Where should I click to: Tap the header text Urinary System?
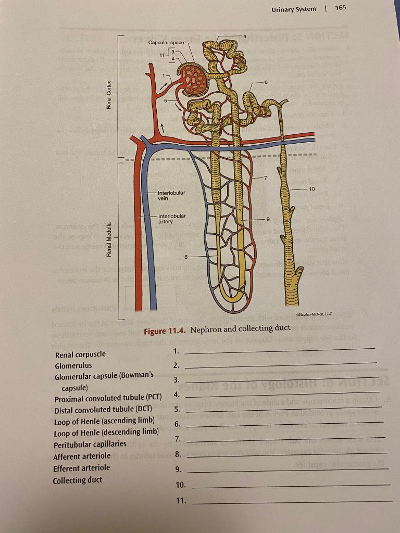tap(293, 9)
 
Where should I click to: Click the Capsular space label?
tap(165, 42)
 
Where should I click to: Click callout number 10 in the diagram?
tap(311, 188)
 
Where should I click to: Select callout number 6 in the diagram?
tap(266, 82)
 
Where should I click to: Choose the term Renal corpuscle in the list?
tap(80, 354)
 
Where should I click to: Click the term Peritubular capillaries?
tap(90, 444)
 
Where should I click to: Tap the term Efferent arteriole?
tap(81, 468)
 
